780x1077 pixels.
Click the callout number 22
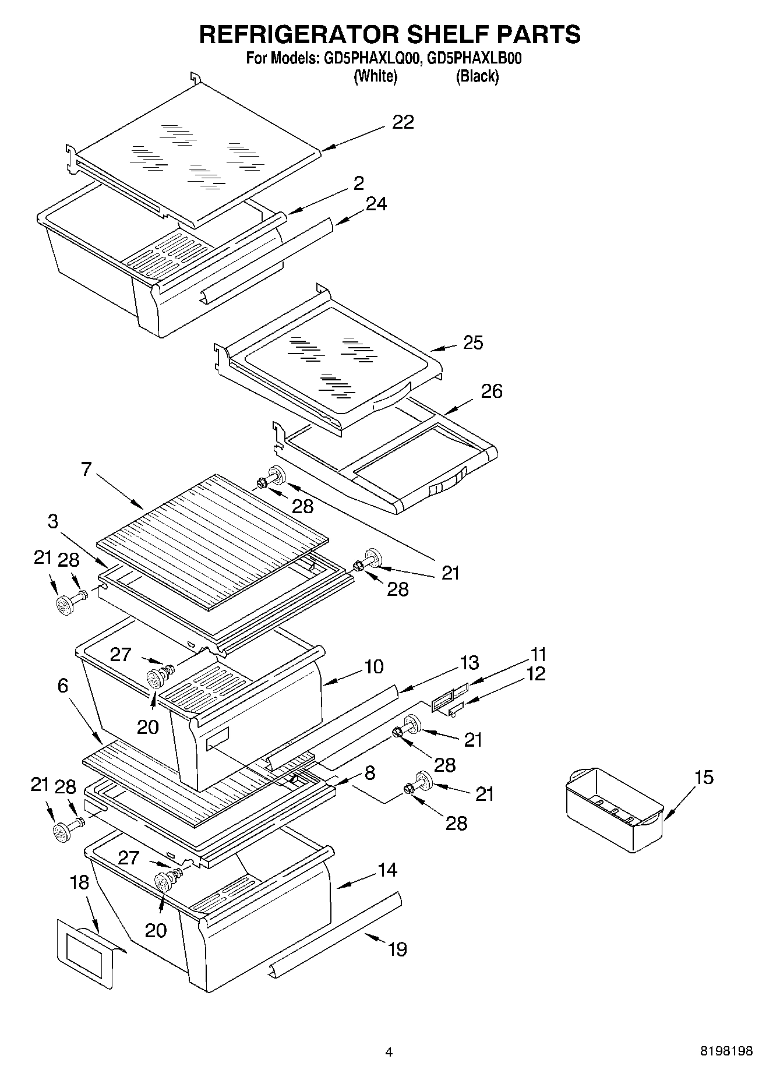click(x=403, y=122)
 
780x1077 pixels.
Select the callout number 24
click(x=376, y=204)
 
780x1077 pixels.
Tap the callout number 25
click(x=473, y=342)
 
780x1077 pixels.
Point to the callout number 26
click(x=491, y=391)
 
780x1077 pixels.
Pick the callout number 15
click(x=704, y=777)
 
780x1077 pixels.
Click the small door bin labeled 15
click(x=614, y=810)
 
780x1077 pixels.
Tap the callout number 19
click(x=397, y=949)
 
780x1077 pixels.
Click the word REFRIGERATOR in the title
click(x=299, y=35)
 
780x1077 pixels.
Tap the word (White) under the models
click(x=376, y=76)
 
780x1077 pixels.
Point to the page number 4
click(x=389, y=1052)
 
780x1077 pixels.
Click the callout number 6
click(x=63, y=686)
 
